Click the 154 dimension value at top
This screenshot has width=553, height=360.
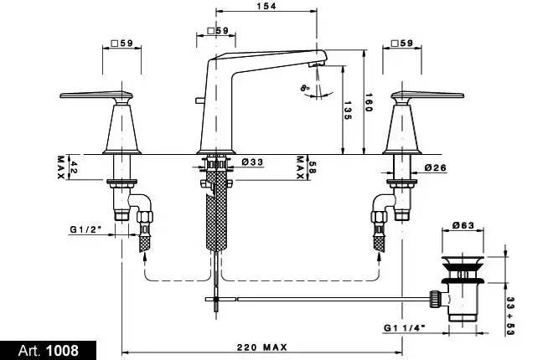click(x=266, y=6)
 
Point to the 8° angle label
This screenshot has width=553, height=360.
click(x=304, y=87)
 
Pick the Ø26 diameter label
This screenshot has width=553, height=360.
click(x=435, y=167)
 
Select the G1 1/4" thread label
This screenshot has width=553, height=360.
click(x=403, y=328)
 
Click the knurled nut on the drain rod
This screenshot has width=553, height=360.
click(x=435, y=296)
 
